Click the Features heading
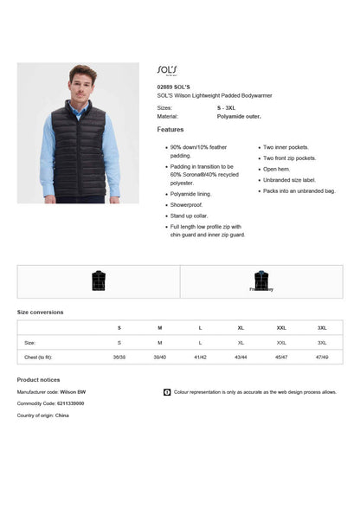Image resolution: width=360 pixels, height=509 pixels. [x=170, y=130]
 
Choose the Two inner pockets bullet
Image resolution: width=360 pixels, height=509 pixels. [x=286, y=147]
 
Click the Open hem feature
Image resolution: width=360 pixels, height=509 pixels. [x=277, y=169]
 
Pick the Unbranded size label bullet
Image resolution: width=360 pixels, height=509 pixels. [x=289, y=180]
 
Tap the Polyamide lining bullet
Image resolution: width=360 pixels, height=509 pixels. [x=190, y=194]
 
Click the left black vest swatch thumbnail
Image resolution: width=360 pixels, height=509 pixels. [x=99, y=280]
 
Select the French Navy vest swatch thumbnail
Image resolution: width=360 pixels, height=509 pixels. [x=261, y=280]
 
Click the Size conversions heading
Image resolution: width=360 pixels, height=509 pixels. [x=40, y=312]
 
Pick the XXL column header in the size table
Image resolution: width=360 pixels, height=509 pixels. [x=281, y=328]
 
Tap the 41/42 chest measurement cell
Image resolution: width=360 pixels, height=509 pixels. [x=200, y=357]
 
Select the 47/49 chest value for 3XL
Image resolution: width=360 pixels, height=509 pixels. [x=322, y=357]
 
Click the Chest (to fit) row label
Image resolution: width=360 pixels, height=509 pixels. [x=38, y=357]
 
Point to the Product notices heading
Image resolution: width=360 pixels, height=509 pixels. [x=38, y=380]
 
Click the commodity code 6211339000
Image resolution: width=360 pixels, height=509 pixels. [x=66, y=403]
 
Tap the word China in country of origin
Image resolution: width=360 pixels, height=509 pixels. [x=62, y=416]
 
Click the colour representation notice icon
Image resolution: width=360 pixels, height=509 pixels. [x=167, y=392]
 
